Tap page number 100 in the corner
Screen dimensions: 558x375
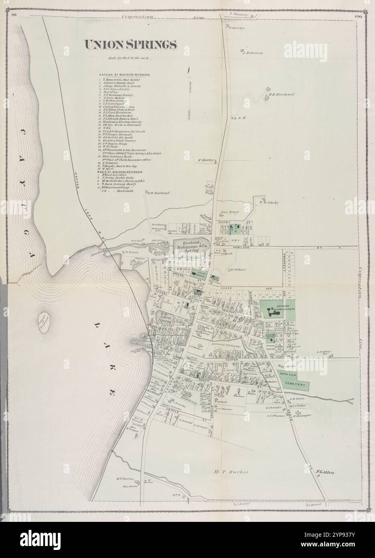click(359, 16)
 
